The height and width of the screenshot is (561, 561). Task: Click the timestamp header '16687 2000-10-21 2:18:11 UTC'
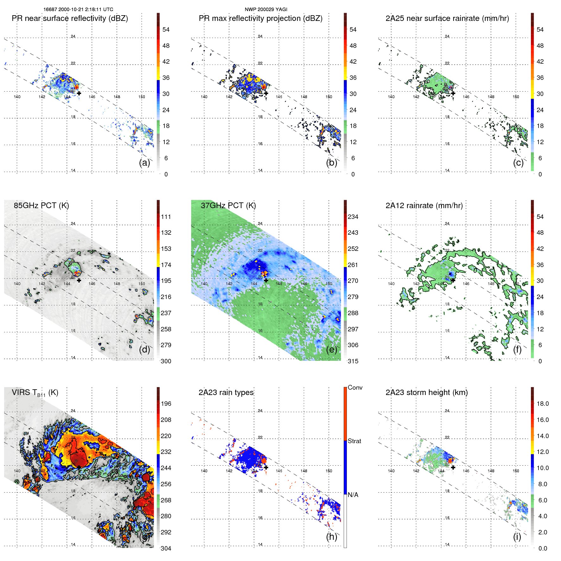[x=78, y=10]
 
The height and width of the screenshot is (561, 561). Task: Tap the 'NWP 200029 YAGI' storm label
[x=266, y=10]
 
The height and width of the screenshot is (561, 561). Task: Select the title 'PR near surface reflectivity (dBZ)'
[x=70, y=18]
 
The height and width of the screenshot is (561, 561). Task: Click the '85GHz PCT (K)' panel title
[x=41, y=205]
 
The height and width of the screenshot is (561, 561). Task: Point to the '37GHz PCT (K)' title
[x=228, y=205]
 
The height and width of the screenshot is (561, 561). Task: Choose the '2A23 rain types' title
[x=226, y=392]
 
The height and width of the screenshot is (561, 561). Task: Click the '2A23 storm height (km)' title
[x=426, y=392]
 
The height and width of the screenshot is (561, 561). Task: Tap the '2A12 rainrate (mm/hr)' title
[x=424, y=205]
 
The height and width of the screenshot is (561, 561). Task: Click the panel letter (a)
[x=144, y=163]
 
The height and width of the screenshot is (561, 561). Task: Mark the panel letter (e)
[x=332, y=349]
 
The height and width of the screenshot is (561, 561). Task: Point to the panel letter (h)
[x=332, y=537]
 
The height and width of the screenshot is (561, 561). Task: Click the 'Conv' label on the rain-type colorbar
[x=355, y=387]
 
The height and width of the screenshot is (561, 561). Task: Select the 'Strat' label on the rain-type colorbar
[x=354, y=441]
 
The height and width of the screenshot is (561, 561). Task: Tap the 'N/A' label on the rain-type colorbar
[x=353, y=495]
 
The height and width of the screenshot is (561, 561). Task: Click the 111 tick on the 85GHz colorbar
[x=166, y=217]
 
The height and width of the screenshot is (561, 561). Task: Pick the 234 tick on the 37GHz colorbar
[x=353, y=217]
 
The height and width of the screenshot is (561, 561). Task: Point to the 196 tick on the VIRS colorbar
[x=166, y=404]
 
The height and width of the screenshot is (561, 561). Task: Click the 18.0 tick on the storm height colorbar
[x=542, y=404]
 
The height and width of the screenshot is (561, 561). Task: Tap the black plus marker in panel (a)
[x=79, y=93]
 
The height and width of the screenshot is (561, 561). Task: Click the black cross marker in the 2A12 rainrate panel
[x=453, y=280]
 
